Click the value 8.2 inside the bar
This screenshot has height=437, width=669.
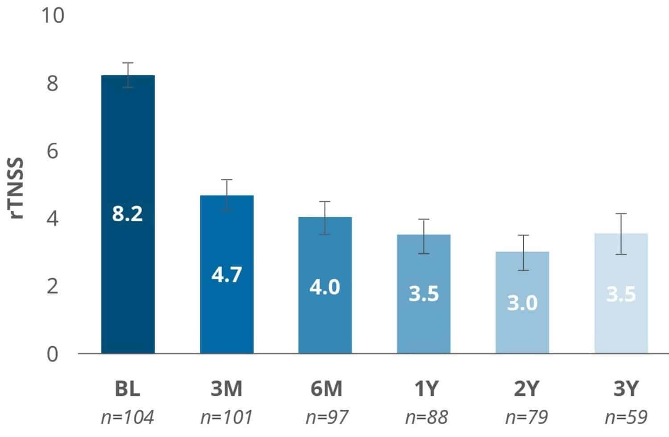tap(128, 214)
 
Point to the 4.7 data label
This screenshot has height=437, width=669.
tap(227, 274)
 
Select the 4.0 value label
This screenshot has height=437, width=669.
tap(325, 287)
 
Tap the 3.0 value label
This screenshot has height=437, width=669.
tap(522, 303)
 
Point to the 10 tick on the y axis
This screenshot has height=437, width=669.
tap(53, 16)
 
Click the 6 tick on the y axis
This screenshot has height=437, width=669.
tap(53, 151)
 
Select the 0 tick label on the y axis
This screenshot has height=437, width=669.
tap(53, 354)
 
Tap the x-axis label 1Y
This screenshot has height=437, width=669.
tap(426, 389)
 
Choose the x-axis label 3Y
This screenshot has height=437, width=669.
tap(626, 389)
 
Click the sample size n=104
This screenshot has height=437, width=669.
tap(128, 417)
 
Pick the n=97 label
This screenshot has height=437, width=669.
tap(326, 417)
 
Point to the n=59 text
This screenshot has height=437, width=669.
tap(626, 417)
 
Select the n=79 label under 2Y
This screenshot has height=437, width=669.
tap(526, 417)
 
